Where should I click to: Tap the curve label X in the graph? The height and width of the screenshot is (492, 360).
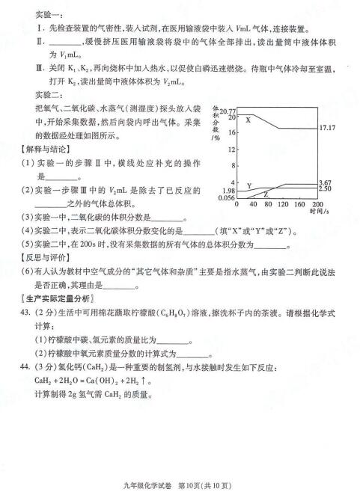coord(248,120)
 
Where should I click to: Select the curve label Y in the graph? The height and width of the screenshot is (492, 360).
coord(248,185)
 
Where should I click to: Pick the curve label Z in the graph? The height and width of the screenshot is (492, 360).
coord(266,194)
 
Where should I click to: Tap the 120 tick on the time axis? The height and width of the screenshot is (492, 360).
coord(282,203)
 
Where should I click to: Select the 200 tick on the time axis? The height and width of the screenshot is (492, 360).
coord(317,203)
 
